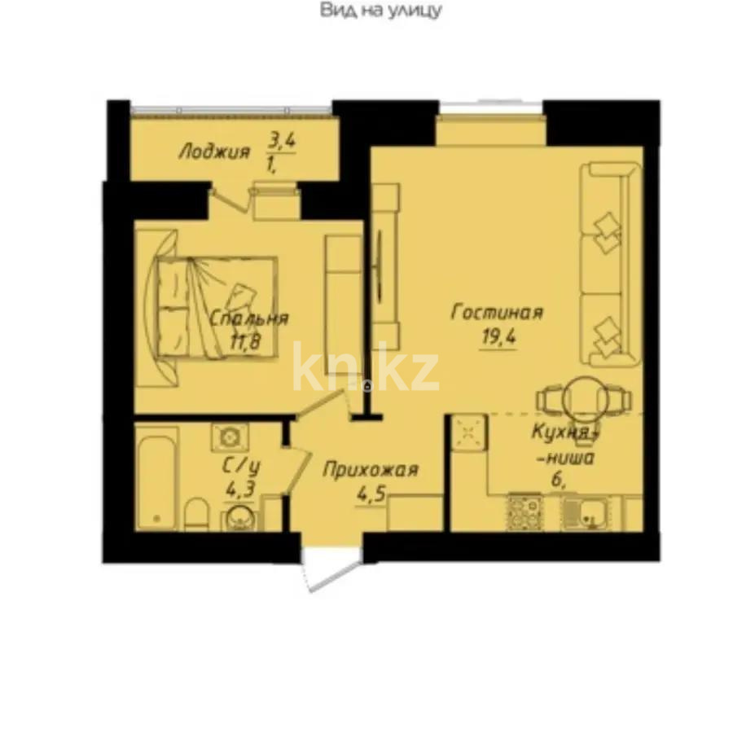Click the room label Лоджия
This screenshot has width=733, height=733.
(214, 151)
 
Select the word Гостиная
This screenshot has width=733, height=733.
(497, 313)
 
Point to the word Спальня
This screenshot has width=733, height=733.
(248, 319)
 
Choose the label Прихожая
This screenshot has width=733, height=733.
(371, 470)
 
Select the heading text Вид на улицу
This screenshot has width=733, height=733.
(380, 11)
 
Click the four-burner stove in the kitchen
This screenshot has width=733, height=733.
(525, 512)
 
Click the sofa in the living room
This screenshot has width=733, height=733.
(609, 262)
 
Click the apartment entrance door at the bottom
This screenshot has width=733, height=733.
(330, 568)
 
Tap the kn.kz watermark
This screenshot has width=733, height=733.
(366, 368)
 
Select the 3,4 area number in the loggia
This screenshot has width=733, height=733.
(282, 141)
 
